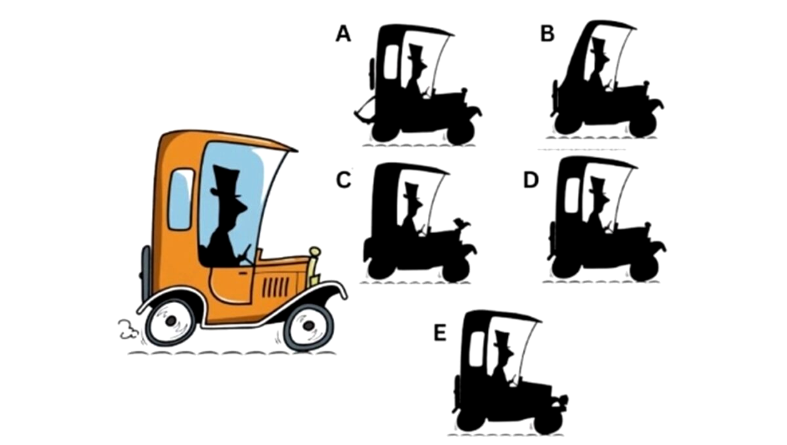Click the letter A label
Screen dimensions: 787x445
click(x=344, y=35)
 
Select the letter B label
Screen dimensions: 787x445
click(x=547, y=34)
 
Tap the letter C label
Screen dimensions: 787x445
click(x=344, y=180)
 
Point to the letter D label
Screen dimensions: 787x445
click(x=531, y=180)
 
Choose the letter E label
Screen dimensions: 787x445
click(x=440, y=333)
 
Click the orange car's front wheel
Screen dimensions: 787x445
click(x=309, y=326)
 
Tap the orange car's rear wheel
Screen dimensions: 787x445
click(x=171, y=321)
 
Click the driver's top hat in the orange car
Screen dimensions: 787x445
click(x=225, y=182)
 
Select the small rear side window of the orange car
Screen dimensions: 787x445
click(x=181, y=199)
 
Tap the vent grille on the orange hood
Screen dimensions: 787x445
click(x=275, y=286)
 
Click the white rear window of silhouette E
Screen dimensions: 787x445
click(x=477, y=349)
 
